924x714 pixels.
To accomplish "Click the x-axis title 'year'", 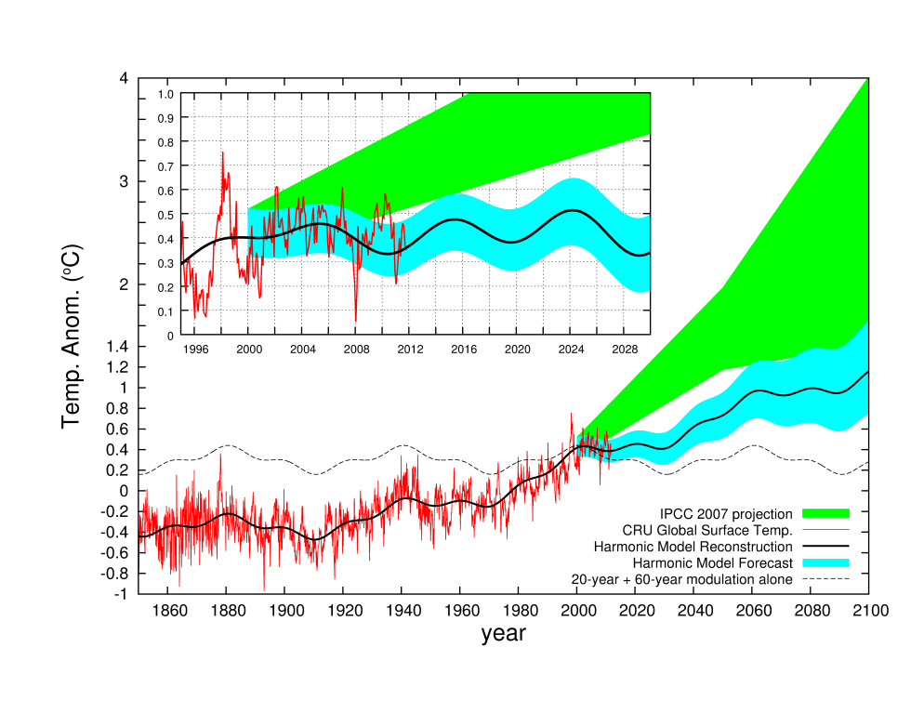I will pyautogui.click(x=503, y=635).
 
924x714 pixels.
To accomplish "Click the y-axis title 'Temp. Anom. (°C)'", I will pyautogui.click(x=72, y=336).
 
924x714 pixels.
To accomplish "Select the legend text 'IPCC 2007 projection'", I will pyautogui.click(x=726, y=513).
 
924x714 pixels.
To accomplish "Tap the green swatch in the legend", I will pyautogui.click(x=825, y=513).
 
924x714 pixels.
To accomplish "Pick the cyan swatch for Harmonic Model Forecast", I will pyautogui.click(x=825, y=563).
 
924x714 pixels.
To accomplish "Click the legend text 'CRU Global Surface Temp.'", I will pyautogui.click(x=707, y=530).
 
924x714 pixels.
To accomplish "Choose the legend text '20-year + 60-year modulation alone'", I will pyautogui.click(x=681, y=580).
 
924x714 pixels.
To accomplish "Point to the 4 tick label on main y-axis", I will pyautogui.click(x=124, y=78).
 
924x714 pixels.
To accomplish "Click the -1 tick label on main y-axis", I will pyautogui.click(x=121, y=594).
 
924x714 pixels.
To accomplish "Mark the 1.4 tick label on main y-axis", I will pyautogui.click(x=118, y=346).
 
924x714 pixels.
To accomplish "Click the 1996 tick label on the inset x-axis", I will pyautogui.click(x=194, y=349).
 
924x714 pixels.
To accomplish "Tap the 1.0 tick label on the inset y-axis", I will pyautogui.click(x=165, y=94).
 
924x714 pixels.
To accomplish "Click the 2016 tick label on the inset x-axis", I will pyautogui.click(x=462, y=349).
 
